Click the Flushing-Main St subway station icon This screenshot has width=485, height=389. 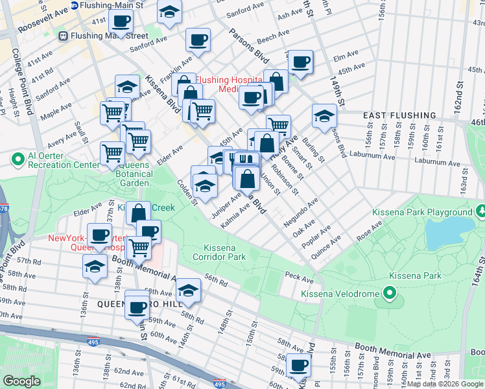point(75,5)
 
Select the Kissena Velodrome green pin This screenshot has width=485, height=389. point(390,294)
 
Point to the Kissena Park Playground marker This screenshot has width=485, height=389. point(481,212)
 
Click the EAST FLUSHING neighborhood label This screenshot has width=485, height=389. point(395,115)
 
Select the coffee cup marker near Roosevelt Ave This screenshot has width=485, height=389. point(120,20)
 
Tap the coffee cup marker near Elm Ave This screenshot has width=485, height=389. point(300,62)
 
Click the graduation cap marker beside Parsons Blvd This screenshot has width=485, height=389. point(324,115)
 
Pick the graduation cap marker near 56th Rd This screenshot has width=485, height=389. point(189,290)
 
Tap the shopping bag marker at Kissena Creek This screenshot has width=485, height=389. point(139,212)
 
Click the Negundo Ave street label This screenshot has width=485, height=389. point(300,212)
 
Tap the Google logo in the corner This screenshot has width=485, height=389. point(21,381)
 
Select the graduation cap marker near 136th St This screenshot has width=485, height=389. point(95,266)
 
